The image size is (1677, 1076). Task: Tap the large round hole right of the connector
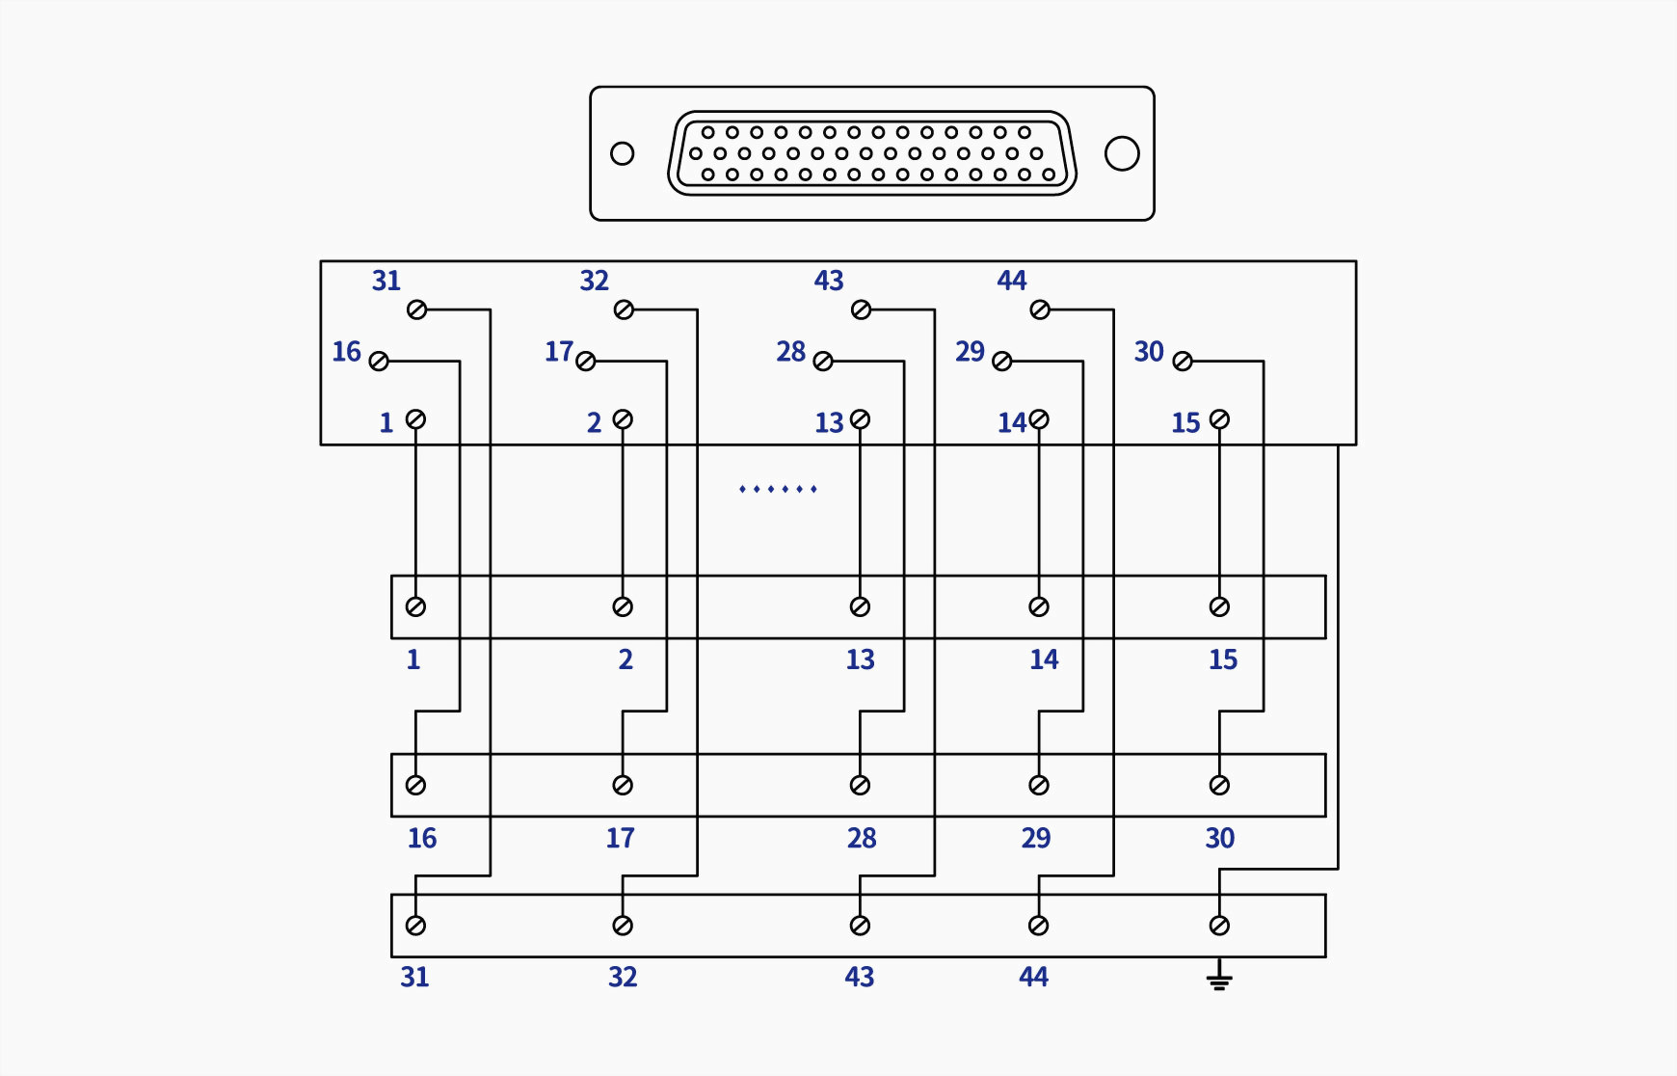pos(1122,153)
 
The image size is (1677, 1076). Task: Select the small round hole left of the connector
pos(623,153)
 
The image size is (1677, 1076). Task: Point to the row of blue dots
pos(778,489)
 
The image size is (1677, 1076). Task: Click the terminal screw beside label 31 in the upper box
pos(416,309)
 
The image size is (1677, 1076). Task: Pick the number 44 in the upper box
pos(1012,281)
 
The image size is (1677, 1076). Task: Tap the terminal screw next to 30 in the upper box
pos(1183,361)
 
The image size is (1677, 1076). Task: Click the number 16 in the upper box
pos(346,352)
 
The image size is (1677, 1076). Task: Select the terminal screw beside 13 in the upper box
pos(861,419)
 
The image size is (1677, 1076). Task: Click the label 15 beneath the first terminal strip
pos(1223,659)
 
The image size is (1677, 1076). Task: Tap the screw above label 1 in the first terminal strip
pos(415,606)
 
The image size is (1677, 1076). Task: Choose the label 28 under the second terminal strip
pos(862,838)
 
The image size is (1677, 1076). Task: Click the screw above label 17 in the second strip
pos(623,785)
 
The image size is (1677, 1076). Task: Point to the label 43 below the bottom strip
pos(860,977)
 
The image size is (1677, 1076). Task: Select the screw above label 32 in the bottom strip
pos(623,926)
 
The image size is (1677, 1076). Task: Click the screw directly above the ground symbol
pos(1219,926)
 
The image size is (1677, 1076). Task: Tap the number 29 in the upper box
pos(970,352)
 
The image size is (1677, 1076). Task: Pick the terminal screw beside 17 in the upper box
pos(585,361)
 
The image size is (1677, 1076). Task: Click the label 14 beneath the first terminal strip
pos(1044,659)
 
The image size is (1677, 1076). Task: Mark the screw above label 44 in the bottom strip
pos(1038,926)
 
